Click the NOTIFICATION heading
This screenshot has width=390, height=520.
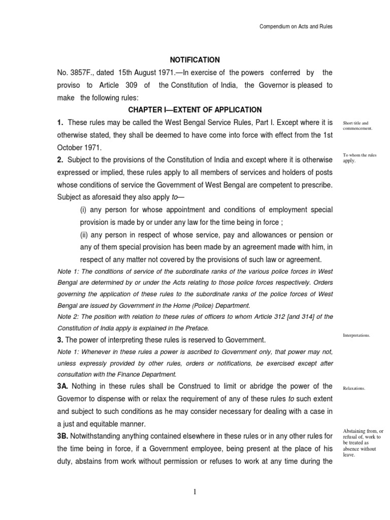(195, 60)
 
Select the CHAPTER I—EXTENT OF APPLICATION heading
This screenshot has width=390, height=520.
(195, 110)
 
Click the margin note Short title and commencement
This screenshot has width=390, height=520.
(358, 125)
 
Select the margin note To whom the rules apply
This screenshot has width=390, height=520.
(360, 157)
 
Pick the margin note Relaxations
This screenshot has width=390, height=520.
(354, 388)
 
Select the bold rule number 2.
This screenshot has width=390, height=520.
(60, 159)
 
